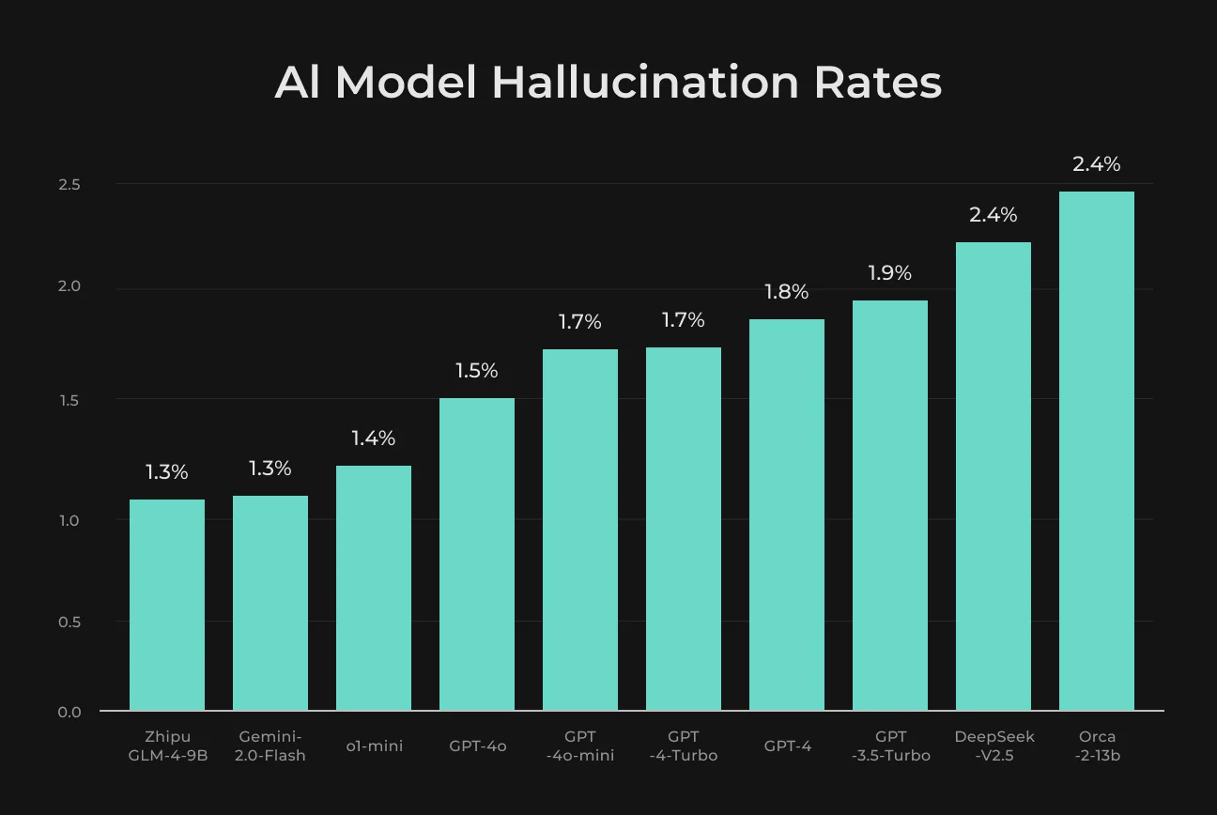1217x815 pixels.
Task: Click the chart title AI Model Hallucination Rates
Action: click(x=608, y=83)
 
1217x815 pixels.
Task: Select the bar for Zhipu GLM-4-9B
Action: click(x=167, y=605)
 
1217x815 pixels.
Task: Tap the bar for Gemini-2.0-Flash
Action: click(x=270, y=603)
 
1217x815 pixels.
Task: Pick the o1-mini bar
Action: click(x=373, y=588)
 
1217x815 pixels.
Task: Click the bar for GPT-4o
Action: click(x=476, y=554)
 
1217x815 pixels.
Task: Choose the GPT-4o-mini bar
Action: click(x=579, y=530)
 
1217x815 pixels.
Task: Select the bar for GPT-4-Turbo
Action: click(x=683, y=529)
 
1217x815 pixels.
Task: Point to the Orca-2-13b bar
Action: click(x=1097, y=451)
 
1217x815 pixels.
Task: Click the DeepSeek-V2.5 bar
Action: click(x=994, y=476)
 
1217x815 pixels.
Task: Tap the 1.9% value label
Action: click(x=889, y=272)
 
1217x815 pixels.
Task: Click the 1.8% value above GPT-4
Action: click(x=786, y=292)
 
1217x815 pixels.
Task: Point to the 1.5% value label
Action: click(x=476, y=371)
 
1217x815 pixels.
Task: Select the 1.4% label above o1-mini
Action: click(x=373, y=438)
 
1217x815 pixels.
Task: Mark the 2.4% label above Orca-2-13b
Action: click(x=1097, y=164)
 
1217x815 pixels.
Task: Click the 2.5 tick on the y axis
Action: click(x=69, y=185)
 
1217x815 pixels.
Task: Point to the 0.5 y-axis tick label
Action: click(x=69, y=622)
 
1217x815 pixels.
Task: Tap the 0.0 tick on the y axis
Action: click(x=69, y=712)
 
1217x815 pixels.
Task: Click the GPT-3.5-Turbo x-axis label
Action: click(x=890, y=746)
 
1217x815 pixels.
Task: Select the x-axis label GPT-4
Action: click(x=787, y=746)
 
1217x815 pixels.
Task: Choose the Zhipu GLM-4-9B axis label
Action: click(x=168, y=746)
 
